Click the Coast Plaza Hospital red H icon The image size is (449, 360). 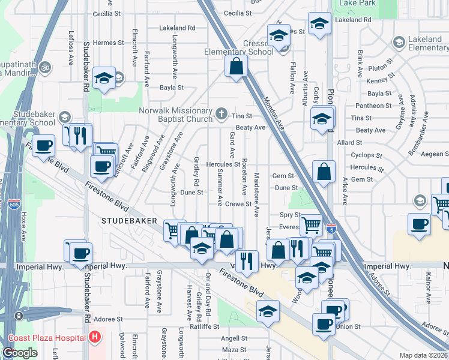pyautogui.click(x=94, y=338)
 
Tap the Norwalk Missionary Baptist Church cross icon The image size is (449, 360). pyautogui.click(x=221, y=113)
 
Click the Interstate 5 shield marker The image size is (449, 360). pyautogui.click(x=331, y=229)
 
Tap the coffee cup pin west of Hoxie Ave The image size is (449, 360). pyautogui.click(x=43, y=145)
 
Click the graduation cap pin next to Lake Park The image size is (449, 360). pyautogui.click(x=319, y=24)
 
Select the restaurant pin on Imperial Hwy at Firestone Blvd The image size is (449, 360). pyautogui.click(x=247, y=260)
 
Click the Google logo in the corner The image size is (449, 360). pyautogui.click(x=20, y=353)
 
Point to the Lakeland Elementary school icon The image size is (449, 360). pyautogui.click(x=399, y=42)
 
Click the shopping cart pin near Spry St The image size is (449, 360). pyautogui.click(x=310, y=226)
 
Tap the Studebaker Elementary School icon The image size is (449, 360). pyautogui.click(x=65, y=117)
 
